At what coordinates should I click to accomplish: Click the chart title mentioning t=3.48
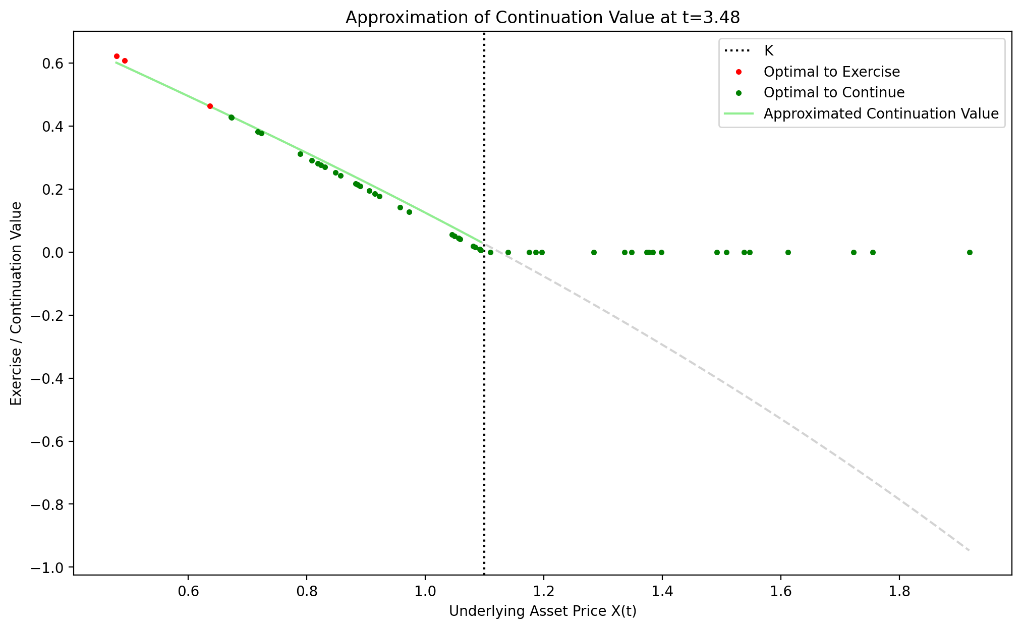(542, 18)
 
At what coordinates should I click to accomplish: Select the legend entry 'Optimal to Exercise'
(831, 72)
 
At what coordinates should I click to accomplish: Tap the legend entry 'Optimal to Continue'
(834, 93)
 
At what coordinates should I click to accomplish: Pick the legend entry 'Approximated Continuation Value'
(881, 114)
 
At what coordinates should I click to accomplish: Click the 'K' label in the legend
(769, 50)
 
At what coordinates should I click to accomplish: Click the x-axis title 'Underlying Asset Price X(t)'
(542, 611)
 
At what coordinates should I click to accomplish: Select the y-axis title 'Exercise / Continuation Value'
(17, 303)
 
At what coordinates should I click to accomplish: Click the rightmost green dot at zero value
(969, 252)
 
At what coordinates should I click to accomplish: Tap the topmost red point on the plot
(117, 56)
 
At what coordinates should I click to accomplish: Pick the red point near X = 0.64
(210, 106)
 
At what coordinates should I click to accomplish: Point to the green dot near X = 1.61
(788, 252)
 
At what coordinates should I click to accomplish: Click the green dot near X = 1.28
(594, 252)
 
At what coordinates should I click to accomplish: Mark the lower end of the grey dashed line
(969, 550)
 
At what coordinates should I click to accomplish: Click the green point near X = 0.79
(300, 154)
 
